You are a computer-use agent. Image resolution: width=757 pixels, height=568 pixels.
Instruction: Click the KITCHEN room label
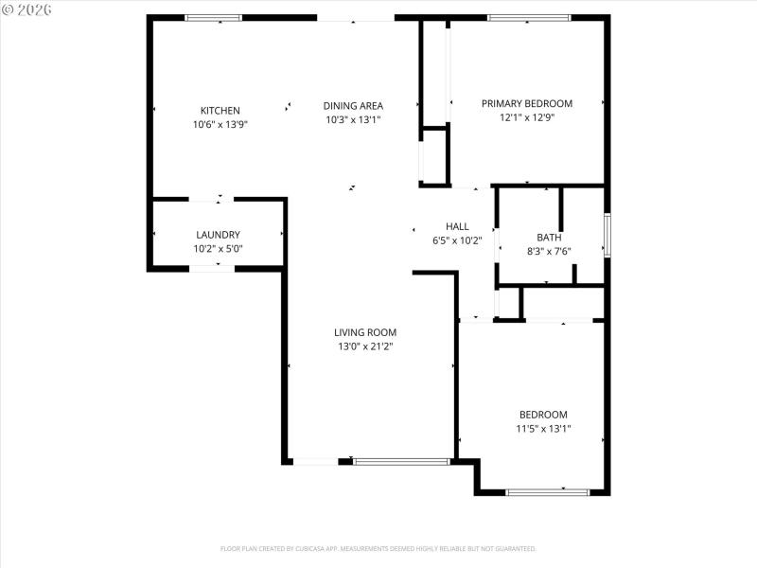pos(220,111)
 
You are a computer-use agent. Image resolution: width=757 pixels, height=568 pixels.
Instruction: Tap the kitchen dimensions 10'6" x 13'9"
pos(220,124)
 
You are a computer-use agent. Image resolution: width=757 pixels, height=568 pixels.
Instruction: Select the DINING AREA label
pos(353,106)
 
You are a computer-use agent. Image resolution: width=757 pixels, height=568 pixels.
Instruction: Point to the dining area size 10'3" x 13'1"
pos(353,120)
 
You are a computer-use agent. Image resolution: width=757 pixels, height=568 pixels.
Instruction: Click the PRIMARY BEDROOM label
pos(527,104)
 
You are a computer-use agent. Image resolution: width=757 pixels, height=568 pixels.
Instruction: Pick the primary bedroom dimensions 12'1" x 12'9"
pos(527,118)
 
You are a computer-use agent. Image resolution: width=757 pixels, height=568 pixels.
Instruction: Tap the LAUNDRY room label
pos(218,235)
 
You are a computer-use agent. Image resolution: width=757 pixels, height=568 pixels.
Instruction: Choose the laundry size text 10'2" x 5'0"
pos(218,249)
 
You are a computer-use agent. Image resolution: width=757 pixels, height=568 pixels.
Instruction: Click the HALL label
pos(457,226)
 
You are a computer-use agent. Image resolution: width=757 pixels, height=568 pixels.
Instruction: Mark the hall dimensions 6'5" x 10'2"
pos(457,240)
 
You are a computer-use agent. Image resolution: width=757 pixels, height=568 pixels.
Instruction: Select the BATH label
pos(549,238)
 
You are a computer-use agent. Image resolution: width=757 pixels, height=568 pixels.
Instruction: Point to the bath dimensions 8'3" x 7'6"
pos(549,252)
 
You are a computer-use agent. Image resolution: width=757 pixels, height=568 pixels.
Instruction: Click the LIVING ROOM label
pos(365,332)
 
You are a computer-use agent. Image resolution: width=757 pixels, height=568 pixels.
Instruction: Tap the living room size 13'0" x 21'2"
pos(365,346)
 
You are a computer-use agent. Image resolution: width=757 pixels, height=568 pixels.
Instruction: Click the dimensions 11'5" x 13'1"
pos(543,429)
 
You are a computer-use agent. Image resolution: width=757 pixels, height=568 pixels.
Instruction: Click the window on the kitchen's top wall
pos(213,17)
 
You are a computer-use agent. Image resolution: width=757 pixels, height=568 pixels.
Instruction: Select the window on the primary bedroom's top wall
pos(529,17)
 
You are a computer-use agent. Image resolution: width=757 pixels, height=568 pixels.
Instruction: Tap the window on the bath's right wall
pos(607,235)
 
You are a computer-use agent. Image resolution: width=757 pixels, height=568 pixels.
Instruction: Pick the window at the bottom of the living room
pos(401,461)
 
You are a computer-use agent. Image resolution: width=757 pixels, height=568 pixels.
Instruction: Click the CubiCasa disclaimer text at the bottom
pos(378,548)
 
